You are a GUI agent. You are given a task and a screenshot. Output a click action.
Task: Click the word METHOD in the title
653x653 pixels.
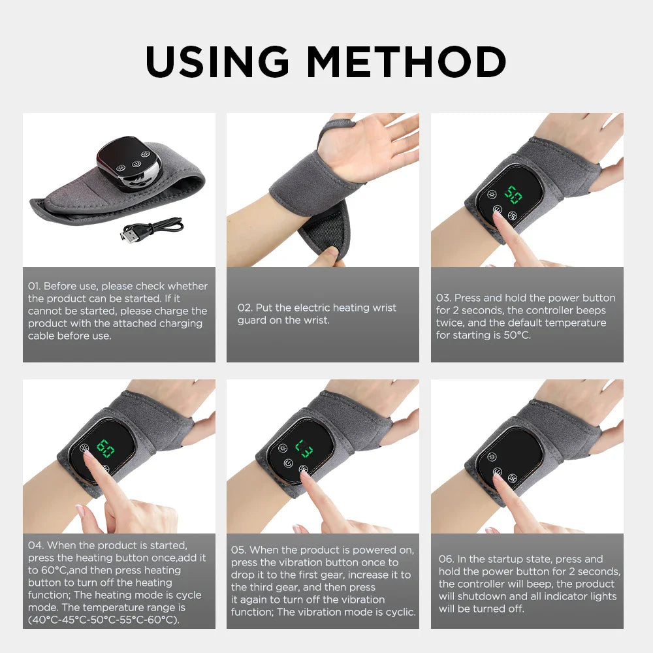click(x=406, y=62)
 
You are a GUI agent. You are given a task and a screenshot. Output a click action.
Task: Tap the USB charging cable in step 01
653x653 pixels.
click(x=152, y=229)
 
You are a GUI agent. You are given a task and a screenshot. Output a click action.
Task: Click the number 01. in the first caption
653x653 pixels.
click(x=35, y=286)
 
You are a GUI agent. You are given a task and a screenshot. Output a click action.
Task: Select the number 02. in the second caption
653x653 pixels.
click(x=244, y=308)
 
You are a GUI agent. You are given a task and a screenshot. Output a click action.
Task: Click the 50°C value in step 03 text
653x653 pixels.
click(x=513, y=335)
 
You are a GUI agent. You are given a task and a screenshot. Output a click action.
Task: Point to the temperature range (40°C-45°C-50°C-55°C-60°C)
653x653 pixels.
click(x=103, y=620)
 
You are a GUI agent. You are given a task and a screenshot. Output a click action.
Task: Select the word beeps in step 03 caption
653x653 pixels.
click(x=591, y=310)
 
